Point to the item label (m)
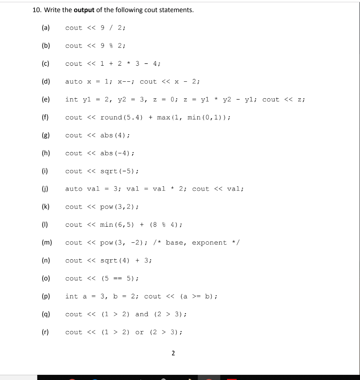tap(48, 243)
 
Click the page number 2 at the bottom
tap(173, 353)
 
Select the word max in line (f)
tap(163, 117)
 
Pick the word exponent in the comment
tap(209, 243)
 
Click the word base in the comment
tap(174, 243)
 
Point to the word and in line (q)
tap(142, 314)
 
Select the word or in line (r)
tap(139, 332)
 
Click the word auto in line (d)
tap(74, 82)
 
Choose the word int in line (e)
tap(71, 99)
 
